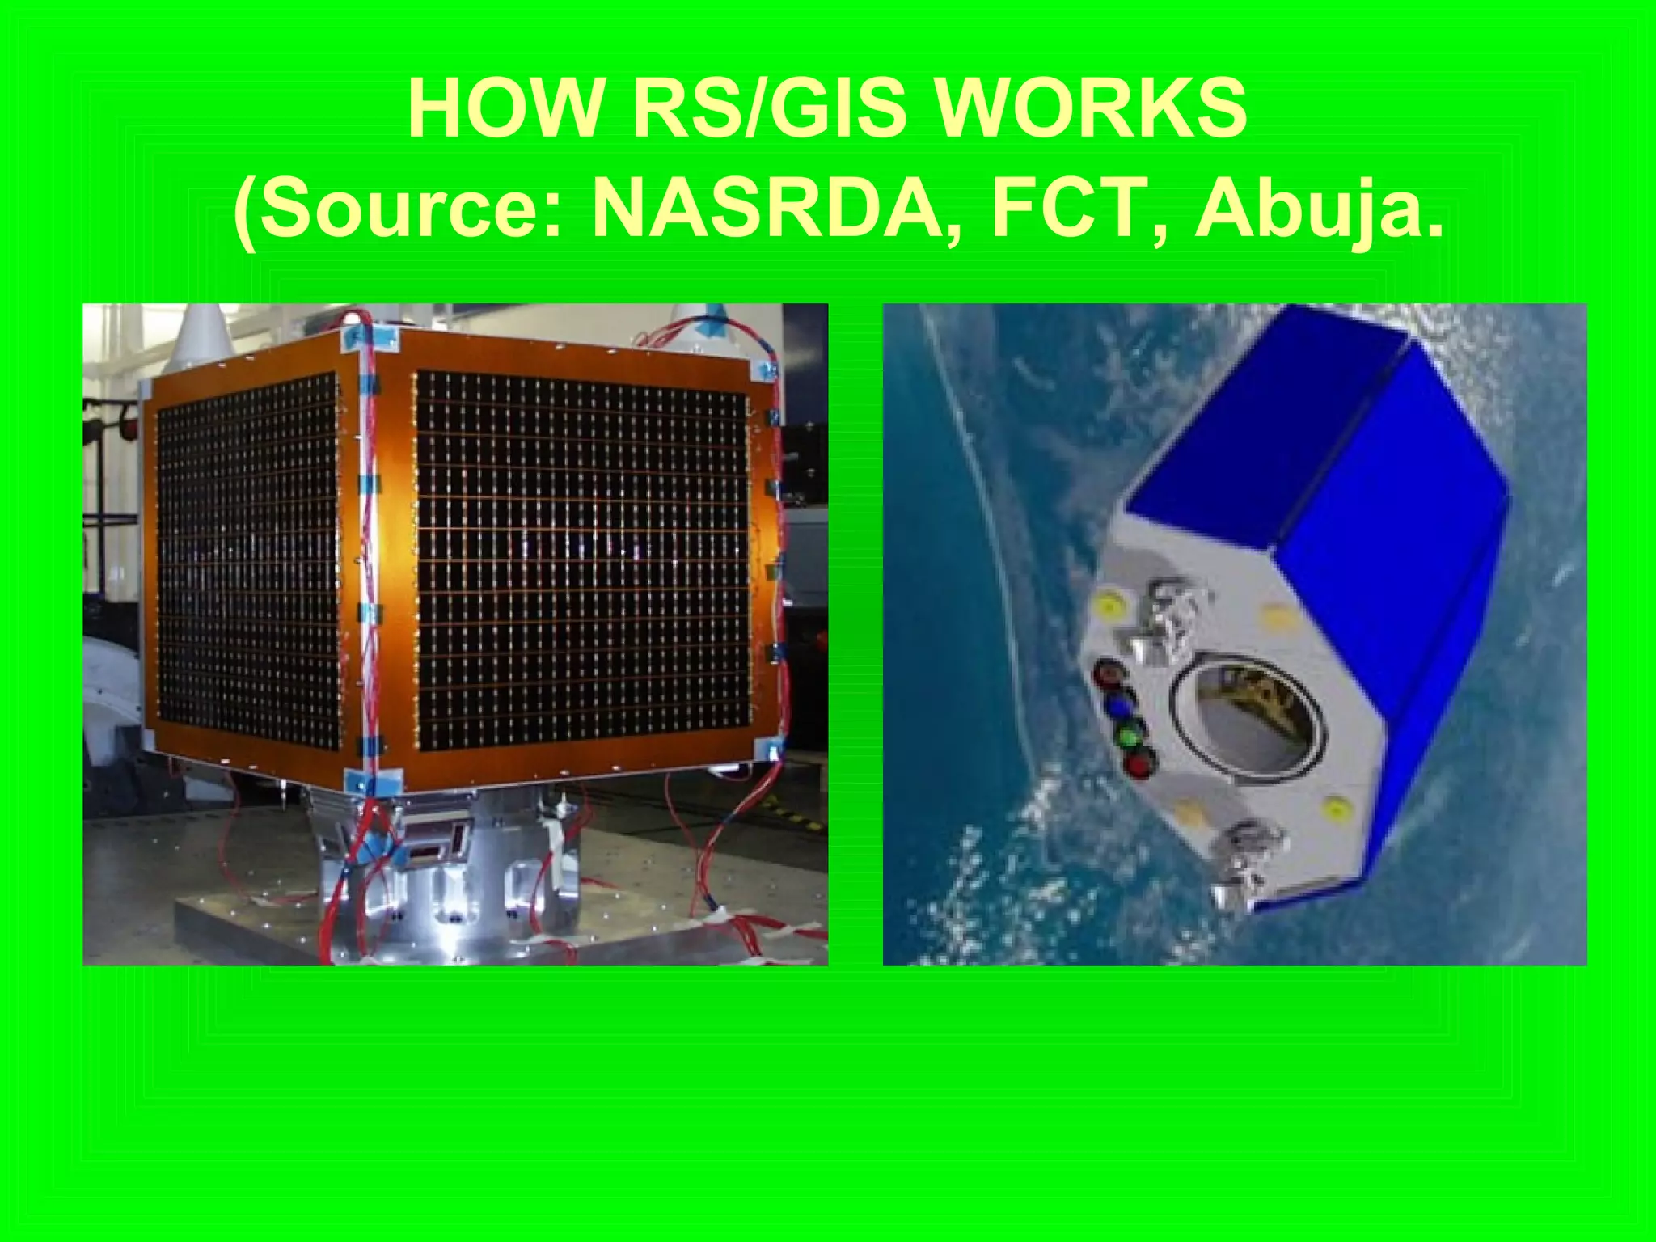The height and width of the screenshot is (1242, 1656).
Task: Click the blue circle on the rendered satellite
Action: (x=1119, y=706)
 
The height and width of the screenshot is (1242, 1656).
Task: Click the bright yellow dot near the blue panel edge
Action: (x=1335, y=808)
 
